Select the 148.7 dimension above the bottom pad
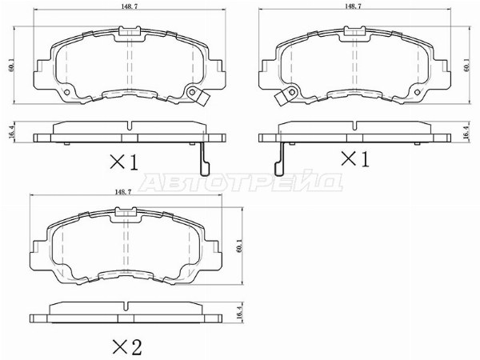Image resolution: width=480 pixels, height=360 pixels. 123,192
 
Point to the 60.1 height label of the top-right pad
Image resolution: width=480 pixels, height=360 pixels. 466,65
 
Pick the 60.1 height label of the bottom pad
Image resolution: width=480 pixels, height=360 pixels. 239,246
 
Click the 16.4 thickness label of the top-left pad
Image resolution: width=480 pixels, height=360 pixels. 12,132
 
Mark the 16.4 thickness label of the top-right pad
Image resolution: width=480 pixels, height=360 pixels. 466,132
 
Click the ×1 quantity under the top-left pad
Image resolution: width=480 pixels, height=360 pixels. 124,162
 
